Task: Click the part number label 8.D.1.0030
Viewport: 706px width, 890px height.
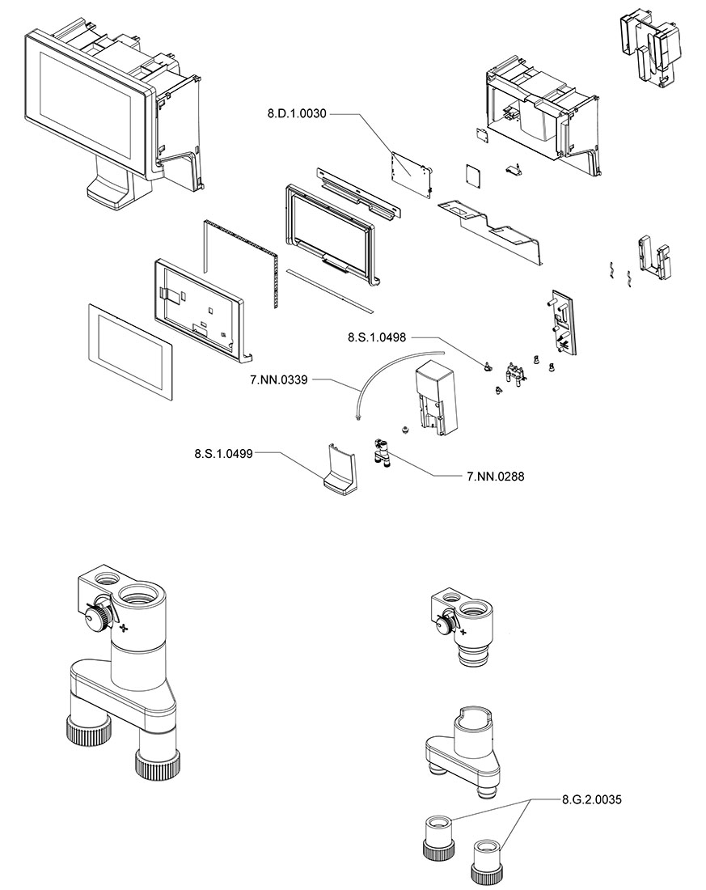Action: coord(297,113)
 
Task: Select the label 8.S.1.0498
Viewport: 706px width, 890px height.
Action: coord(377,337)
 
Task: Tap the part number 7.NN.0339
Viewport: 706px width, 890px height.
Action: coord(279,379)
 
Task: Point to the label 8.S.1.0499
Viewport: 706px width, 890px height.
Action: coord(223,454)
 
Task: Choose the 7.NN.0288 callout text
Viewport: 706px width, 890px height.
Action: coord(496,477)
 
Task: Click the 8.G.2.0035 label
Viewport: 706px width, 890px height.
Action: coord(592,799)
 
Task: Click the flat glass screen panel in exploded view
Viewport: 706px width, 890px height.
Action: coord(130,351)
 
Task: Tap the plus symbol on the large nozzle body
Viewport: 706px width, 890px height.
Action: coord(125,628)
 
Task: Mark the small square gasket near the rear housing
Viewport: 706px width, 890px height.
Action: coord(473,176)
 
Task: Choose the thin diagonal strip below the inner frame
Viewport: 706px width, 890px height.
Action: coord(330,290)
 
